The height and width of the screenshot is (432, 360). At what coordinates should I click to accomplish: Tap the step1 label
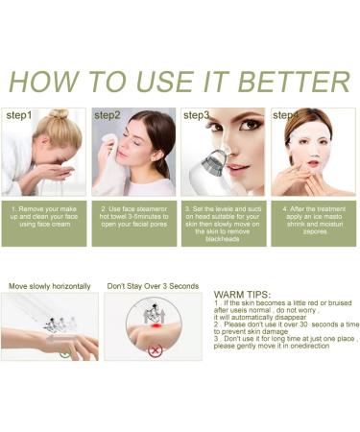click(20, 115)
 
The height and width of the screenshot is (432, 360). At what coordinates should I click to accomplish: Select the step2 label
click(108, 115)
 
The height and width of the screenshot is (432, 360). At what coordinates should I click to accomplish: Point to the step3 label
click(197, 115)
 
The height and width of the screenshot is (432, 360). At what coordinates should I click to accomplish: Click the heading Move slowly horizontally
click(50, 286)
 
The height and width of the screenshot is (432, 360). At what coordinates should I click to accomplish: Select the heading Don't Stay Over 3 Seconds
click(153, 286)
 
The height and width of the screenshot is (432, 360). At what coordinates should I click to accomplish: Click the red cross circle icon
click(156, 350)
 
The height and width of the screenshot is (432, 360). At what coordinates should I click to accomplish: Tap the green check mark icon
click(65, 352)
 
